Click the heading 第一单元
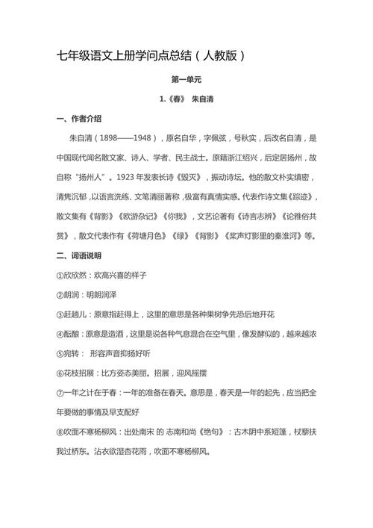pos(186,80)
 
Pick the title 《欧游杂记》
pos(151,217)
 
